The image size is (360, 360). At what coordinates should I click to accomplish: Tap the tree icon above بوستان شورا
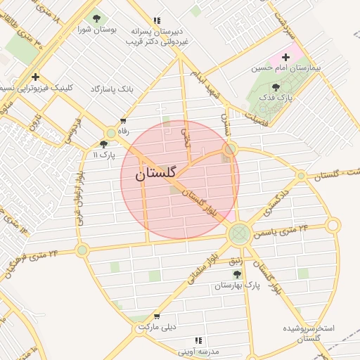96,19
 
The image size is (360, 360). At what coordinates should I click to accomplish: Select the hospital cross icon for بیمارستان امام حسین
285,57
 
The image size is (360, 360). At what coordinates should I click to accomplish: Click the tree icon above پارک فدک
276,88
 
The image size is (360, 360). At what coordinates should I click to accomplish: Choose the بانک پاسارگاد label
112,89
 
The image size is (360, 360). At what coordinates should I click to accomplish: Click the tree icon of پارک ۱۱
103,143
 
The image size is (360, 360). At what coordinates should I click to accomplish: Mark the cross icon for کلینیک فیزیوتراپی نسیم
35,77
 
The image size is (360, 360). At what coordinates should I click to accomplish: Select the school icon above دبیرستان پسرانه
156,21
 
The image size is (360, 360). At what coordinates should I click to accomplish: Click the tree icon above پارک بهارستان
236,274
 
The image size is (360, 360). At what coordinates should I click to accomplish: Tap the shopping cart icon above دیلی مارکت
156,316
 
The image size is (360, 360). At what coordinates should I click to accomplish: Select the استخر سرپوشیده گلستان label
309,333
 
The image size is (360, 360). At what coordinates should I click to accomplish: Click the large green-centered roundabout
240,232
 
